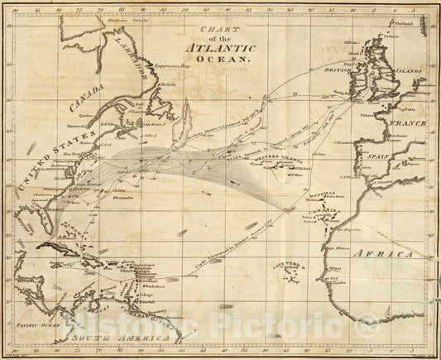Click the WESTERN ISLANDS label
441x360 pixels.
(276, 158)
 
